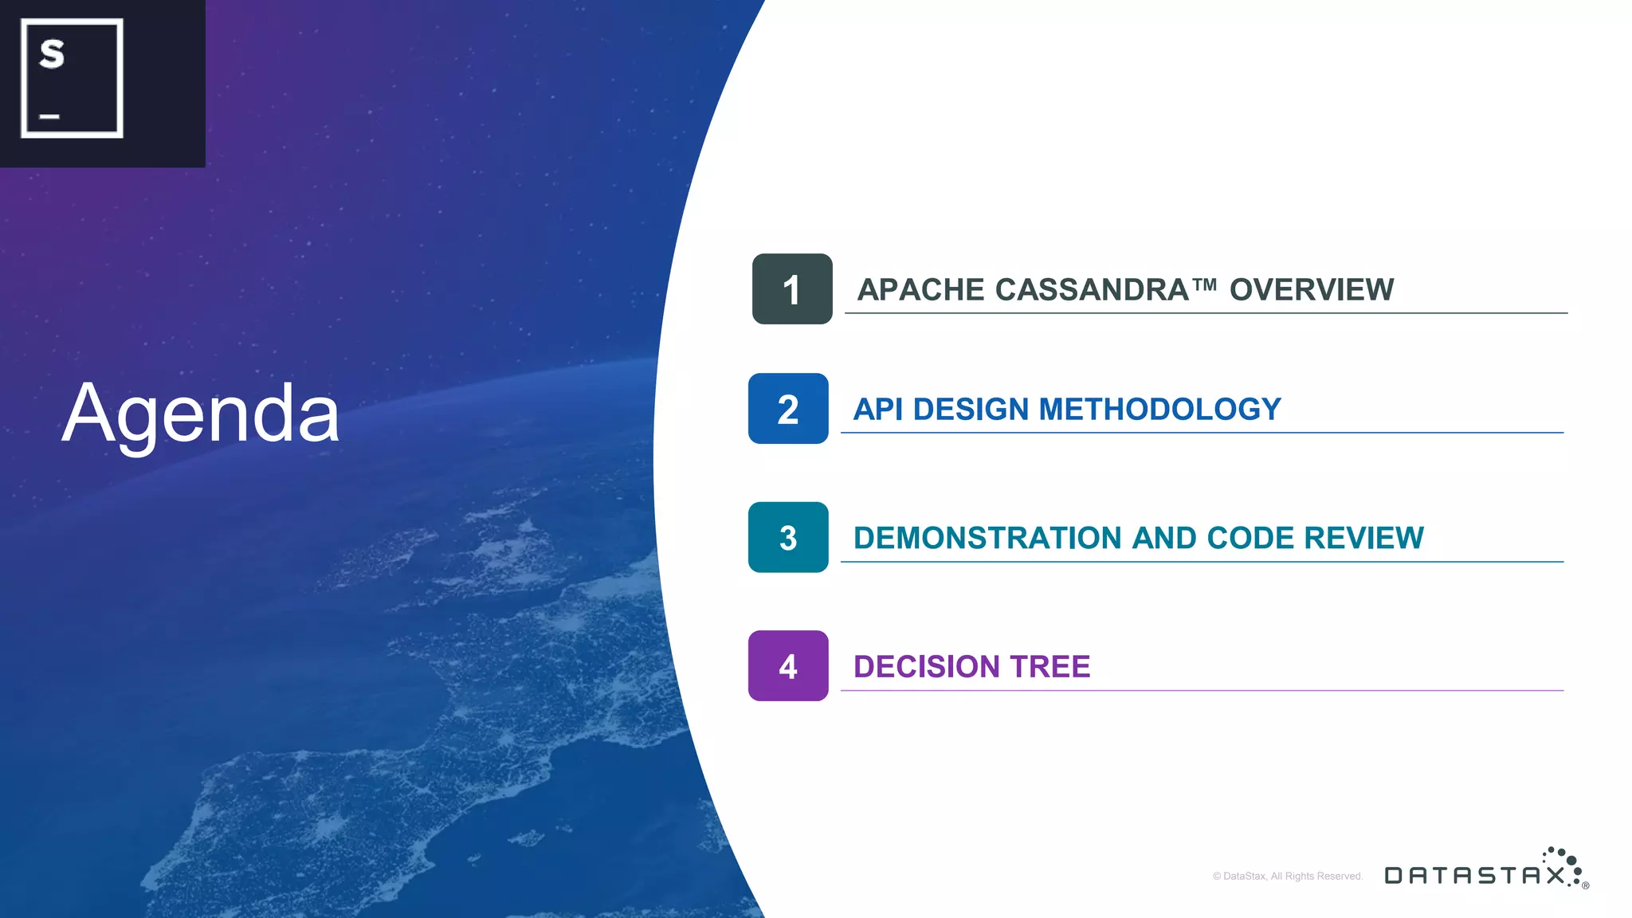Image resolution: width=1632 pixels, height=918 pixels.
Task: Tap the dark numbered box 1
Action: [x=791, y=289]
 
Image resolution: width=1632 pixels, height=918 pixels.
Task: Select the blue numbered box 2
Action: [x=787, y=409]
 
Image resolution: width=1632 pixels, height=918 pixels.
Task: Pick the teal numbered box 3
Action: [x=787, y=538]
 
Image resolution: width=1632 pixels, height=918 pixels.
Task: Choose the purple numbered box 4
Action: [x=787, y=666]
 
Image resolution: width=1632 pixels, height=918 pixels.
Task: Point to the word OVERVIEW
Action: [x=1311, y=290]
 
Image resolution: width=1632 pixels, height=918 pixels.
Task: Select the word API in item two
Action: [x=877, y=410]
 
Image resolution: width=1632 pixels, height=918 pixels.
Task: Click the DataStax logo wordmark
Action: [x=1474, y=875]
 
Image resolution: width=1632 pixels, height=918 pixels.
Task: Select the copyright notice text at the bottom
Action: [x=1288, y=876]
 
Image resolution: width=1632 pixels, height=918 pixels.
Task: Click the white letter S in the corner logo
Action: [x=52, y=54]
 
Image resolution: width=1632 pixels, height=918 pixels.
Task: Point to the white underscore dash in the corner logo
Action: [x=49, y=117]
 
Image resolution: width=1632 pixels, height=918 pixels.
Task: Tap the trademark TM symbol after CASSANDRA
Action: [x=1204, y=284]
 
